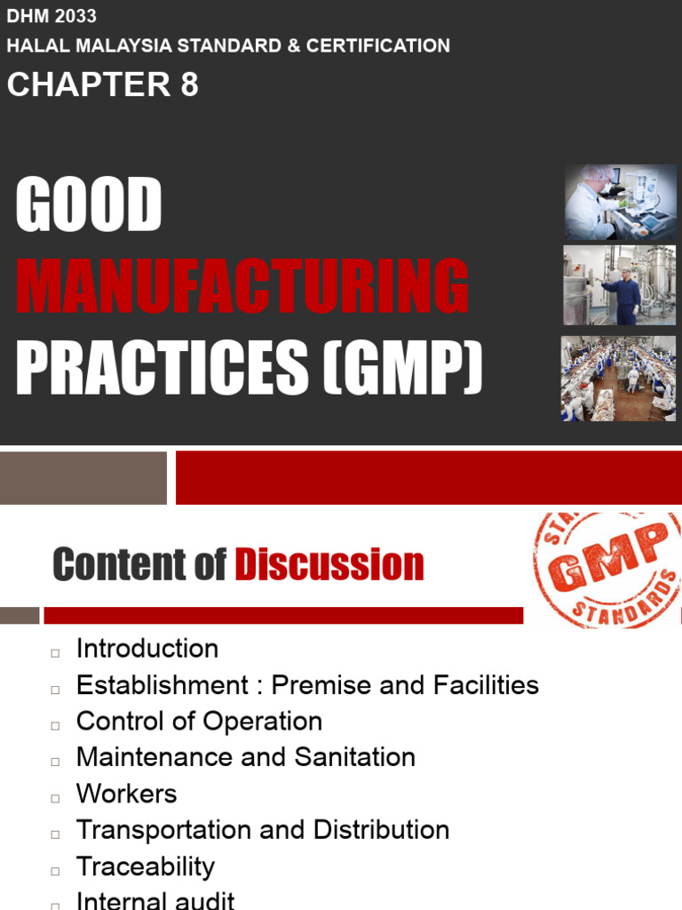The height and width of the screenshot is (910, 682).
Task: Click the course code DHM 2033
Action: pos(52,16)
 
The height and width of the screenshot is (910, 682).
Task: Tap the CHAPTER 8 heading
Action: pos(103,84)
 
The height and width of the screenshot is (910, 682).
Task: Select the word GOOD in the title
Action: pos(89,205)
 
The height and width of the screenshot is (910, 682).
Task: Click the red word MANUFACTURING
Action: pos(242,286)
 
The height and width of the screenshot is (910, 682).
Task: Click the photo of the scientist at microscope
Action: pos(620,202)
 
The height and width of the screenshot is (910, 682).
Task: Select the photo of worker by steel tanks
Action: pos(620,284)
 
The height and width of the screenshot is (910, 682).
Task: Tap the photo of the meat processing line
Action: pos(620,378)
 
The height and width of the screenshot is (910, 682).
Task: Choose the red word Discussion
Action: pos(329,565)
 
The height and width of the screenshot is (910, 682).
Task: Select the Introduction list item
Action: pos(147,649)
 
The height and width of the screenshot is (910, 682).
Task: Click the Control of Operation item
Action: pos(199,721)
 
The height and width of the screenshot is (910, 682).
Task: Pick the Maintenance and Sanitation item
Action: pos(246,757)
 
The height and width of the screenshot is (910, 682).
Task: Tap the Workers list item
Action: pos(126,794)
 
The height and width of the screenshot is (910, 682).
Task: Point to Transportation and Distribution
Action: pos(263,830)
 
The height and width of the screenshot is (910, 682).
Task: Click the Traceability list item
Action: pos(146,866)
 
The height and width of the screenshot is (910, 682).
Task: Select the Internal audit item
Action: pos(155,900)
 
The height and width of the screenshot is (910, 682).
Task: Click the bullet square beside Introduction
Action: pos(55,652)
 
